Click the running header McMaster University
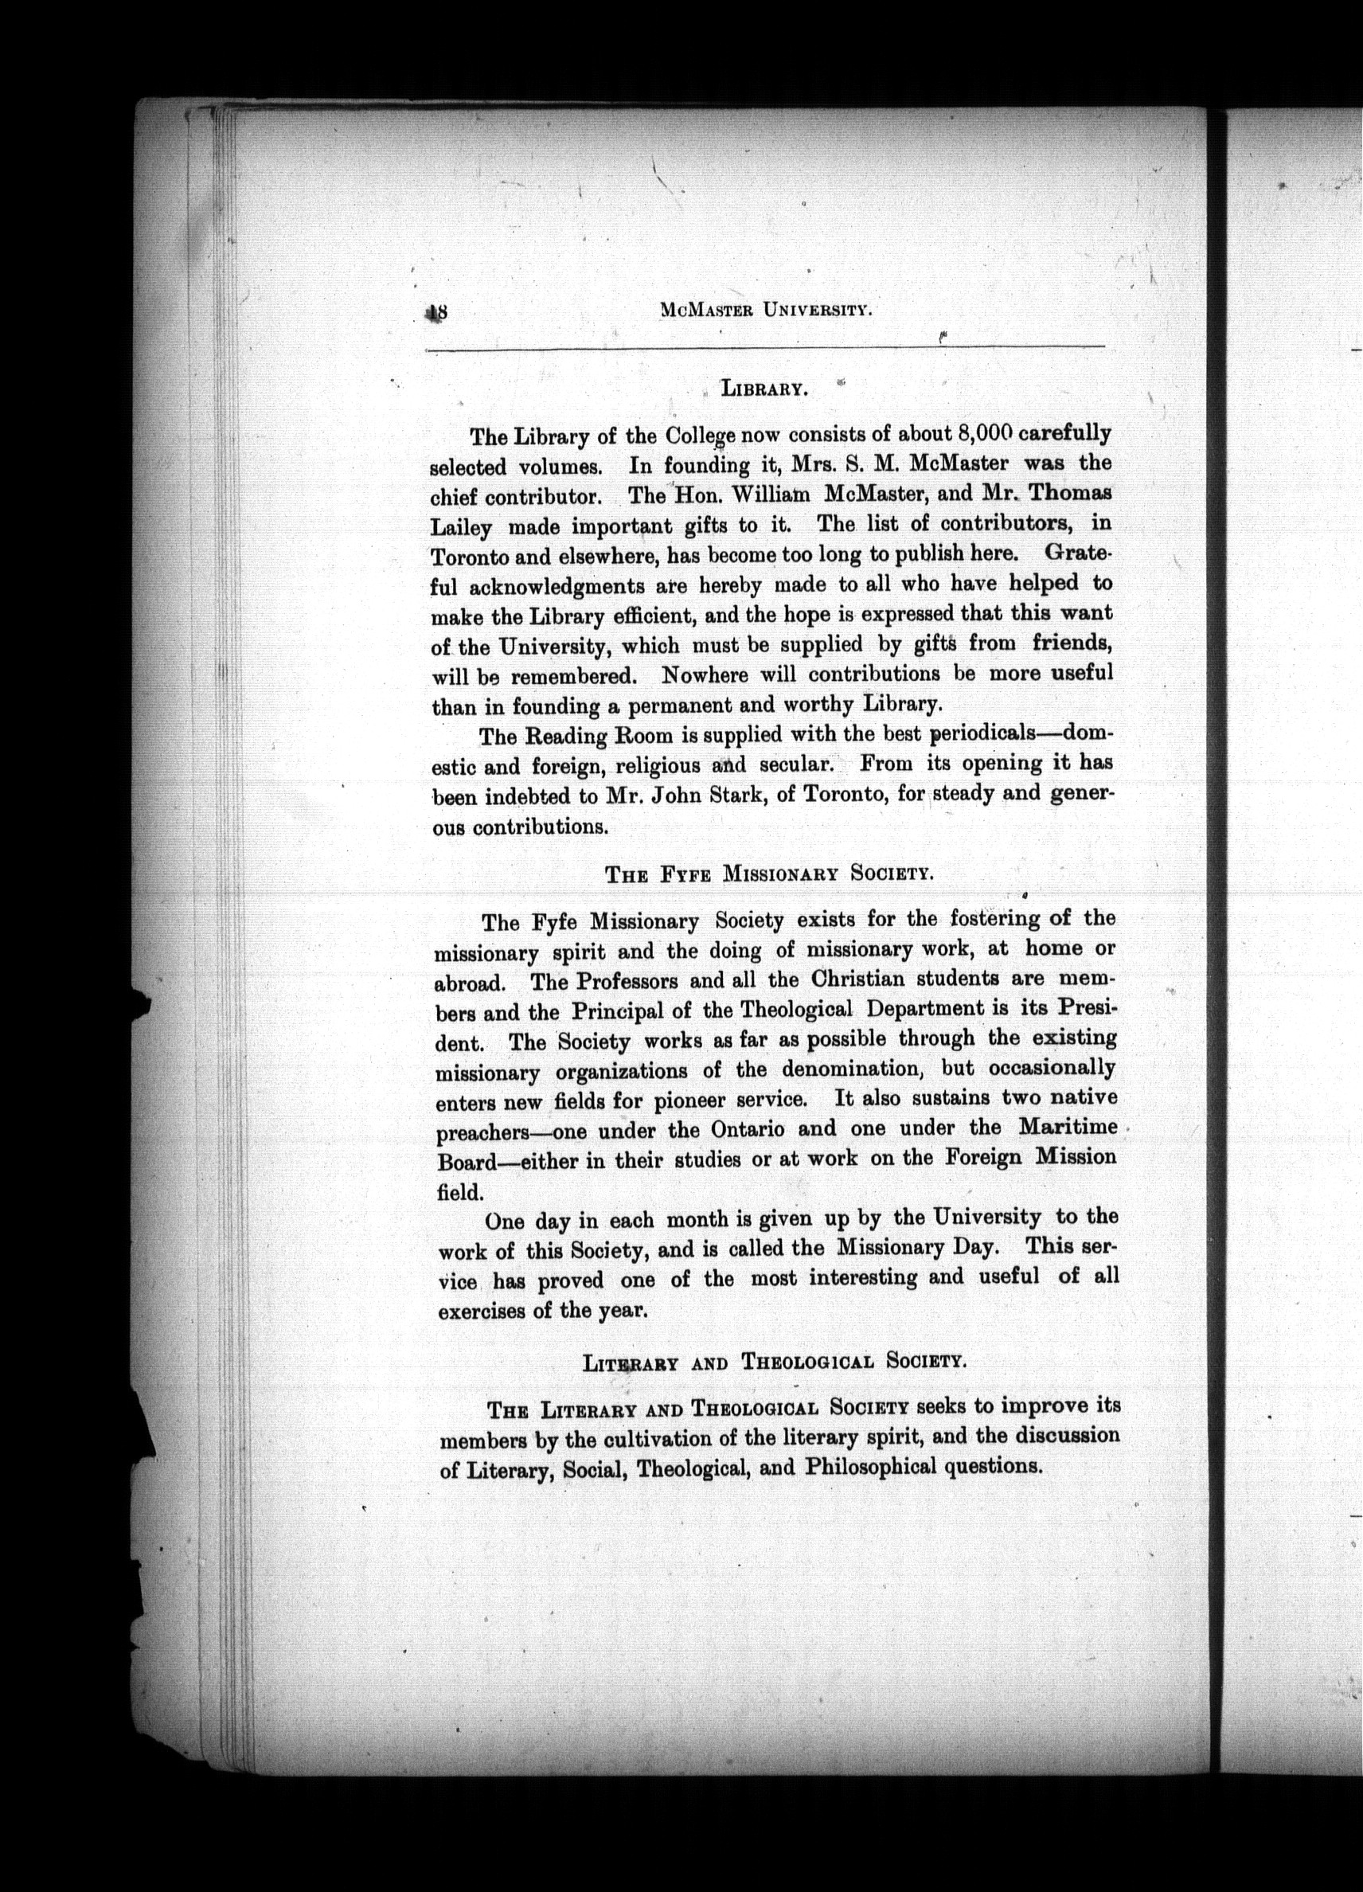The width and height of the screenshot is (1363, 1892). pyautogui.click(x=766, y=311)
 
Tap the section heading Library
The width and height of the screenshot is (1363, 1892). pyautogui.click(x=764, y=389)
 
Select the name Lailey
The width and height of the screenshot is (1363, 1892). pyautogui.click(x=460, y=527)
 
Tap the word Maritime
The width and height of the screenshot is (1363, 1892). pyautogui.click(x=1068, y=1127)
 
